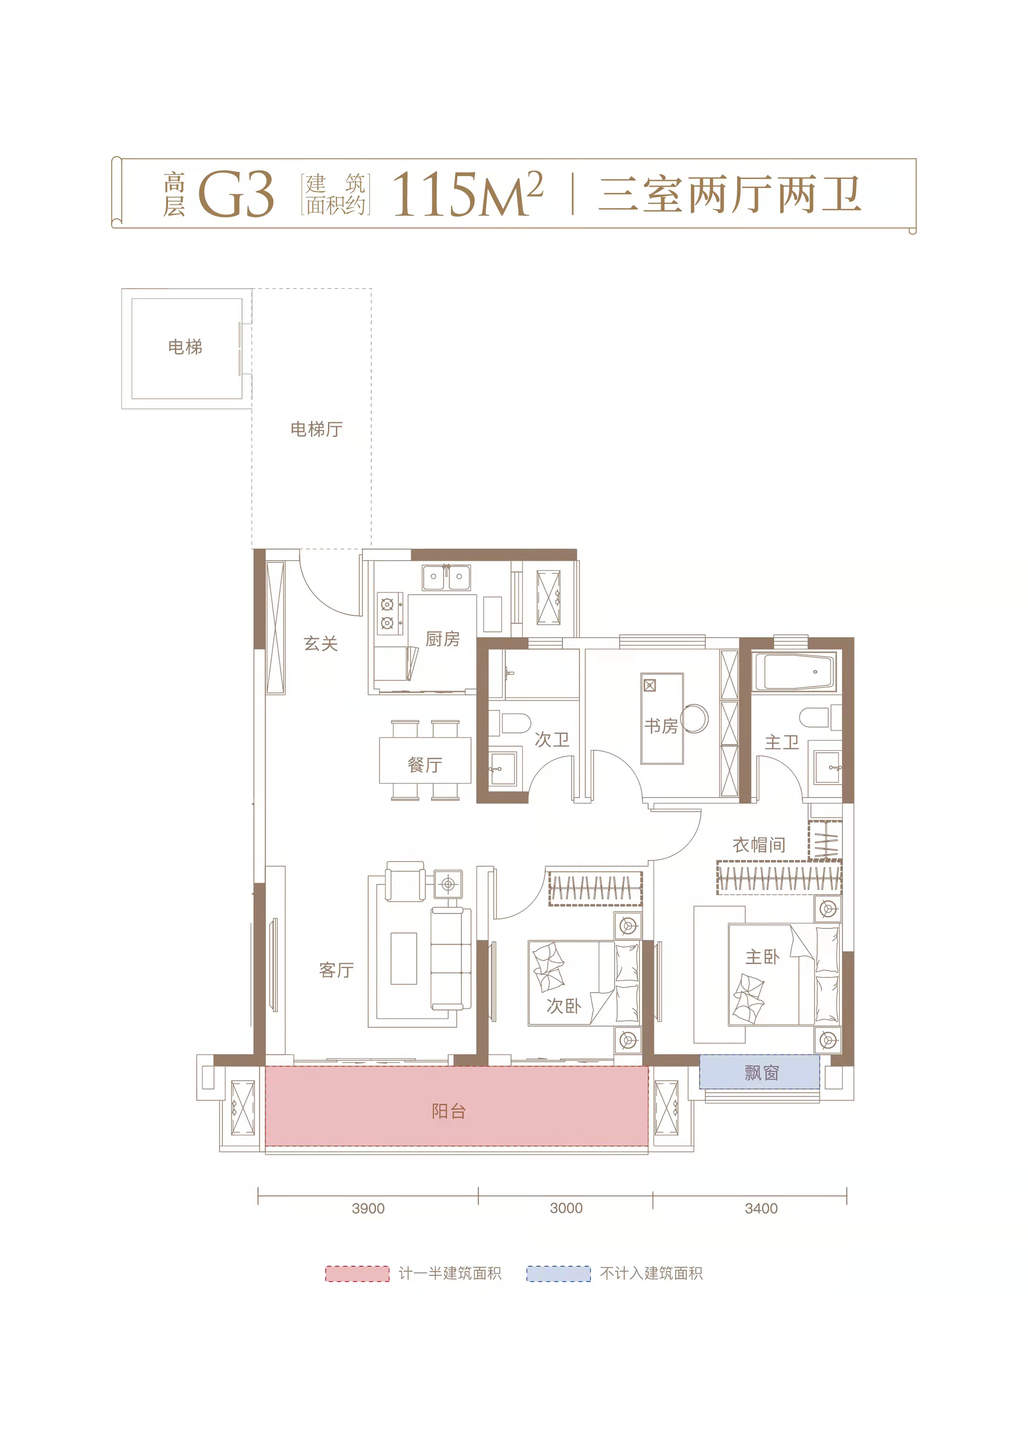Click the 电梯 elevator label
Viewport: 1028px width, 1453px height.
(185, 347)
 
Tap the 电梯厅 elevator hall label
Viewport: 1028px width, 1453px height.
(317, 430)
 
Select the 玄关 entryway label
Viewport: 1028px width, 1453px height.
(321, 644)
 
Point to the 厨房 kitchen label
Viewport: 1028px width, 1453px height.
(443, 639)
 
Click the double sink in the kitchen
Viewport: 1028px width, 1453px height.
(446, 577)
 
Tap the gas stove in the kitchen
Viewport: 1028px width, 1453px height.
(388, 614)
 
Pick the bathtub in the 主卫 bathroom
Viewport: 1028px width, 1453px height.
(795, 672)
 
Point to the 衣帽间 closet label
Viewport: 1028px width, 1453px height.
(759, 845)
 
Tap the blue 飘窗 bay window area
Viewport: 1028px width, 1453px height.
(760, 1072)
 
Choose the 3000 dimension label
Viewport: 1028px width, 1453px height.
(566, 1208)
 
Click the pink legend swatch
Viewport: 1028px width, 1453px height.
(357, 1274)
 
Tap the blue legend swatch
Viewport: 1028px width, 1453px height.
(558, 1274)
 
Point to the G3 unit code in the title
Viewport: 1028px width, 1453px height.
(236, 194)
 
